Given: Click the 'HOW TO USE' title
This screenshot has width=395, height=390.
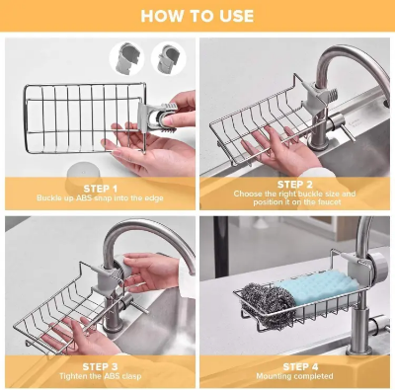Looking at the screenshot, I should [x=197, y=16].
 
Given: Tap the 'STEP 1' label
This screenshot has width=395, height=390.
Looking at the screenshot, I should [x=100, y=187].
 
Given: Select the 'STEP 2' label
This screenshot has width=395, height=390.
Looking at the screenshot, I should [x=295, y=184].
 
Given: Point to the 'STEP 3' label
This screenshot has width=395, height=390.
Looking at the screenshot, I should [x=100, y=366].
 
